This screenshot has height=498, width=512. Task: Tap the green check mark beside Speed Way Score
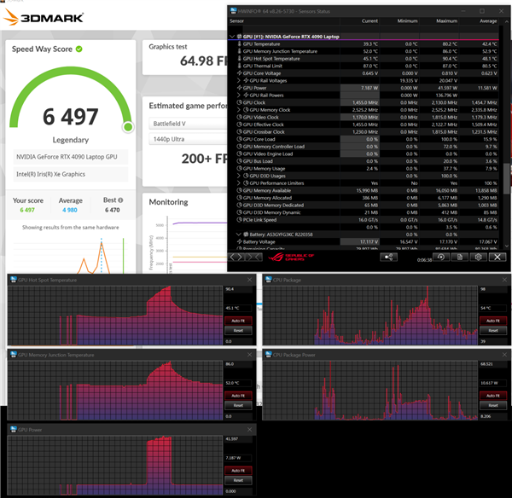pyautogui.click(x=79, y=49)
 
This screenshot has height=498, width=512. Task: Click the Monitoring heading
pyautogui.click(x=169, y=202)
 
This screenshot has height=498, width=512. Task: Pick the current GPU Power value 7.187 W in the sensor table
pyautogui.click(x=369, y=88)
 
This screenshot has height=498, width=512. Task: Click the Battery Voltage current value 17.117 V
pyautogui.click(x=369, y=241)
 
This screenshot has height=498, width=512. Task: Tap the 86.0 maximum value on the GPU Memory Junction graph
pyautogui.click(x=230, y=364)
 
